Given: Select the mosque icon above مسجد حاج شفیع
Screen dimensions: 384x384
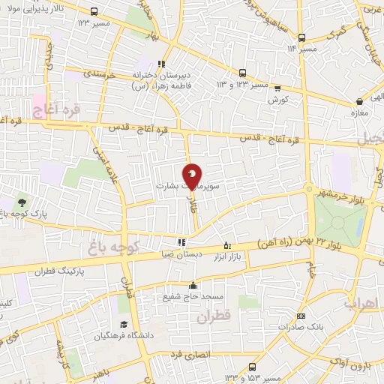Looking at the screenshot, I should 193,285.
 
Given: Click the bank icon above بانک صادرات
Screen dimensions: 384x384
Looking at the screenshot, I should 301,316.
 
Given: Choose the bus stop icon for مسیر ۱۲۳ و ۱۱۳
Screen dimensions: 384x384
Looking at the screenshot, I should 242,73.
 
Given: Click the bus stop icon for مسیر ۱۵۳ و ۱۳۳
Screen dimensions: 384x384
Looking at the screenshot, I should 252,366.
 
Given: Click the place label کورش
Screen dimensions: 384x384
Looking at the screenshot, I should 278,99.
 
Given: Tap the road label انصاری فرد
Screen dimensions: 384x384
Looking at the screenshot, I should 190,352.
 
